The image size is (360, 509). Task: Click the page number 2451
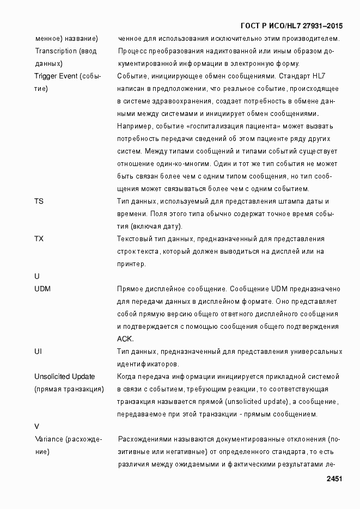[334, 479]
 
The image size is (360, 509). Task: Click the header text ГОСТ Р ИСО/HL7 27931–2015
[291, 26]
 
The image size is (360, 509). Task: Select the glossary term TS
[39, 201]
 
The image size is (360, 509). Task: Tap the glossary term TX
[39, 239]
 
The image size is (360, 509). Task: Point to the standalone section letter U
[36, 277]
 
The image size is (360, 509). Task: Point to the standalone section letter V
[36, 427]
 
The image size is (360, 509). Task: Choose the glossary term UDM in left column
[42, 289]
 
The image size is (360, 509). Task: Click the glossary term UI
[38, 352]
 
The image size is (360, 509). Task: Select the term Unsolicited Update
[64, 377]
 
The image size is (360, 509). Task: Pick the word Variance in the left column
[48, 439]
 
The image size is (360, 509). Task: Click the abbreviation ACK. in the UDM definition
[126, 339]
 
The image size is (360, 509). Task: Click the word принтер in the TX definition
[131, 264]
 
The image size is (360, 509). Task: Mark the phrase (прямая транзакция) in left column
[69, 389]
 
